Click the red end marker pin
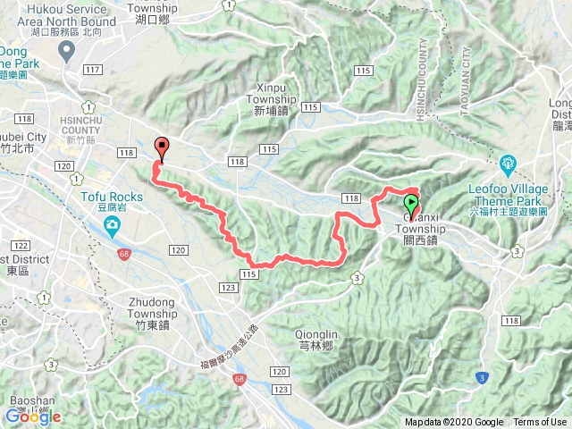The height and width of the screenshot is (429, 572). (x=162, y=147)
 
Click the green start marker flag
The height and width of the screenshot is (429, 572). (x=411, y=201)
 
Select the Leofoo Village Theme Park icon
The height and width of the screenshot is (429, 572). (x=509, y=164)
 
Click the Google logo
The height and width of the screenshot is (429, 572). (x=33, y=416)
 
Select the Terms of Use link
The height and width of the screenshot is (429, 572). (x=539, y=423)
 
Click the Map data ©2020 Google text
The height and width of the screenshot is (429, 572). (x=453, y=423)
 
